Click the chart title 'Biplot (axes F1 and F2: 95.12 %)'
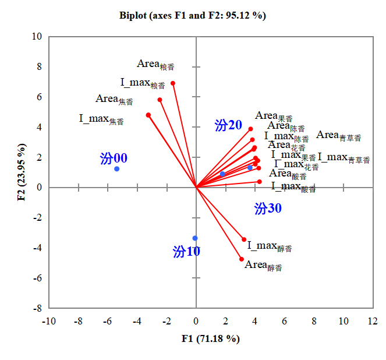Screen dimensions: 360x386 point(193,16)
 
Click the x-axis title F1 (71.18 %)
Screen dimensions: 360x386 point(210,338)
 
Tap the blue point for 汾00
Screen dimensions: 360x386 point(116,169)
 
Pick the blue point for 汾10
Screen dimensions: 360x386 point(195,238)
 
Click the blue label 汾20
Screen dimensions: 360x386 point(228,125)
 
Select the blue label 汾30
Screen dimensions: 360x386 point(268,208)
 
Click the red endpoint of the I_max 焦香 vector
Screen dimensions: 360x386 point(148,115)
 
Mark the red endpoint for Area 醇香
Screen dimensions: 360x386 point(242,259)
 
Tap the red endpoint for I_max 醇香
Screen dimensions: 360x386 point(244,239)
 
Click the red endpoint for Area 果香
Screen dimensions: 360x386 point(251,129)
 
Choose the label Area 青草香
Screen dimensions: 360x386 point(338,136)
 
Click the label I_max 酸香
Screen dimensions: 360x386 point(293,187)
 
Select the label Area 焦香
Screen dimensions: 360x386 point(114,100)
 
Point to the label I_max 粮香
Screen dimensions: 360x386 point(143,83)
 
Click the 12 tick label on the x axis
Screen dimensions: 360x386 point(373,321)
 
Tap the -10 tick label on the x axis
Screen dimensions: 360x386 point(48,321)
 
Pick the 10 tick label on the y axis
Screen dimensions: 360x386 point(37,37)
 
